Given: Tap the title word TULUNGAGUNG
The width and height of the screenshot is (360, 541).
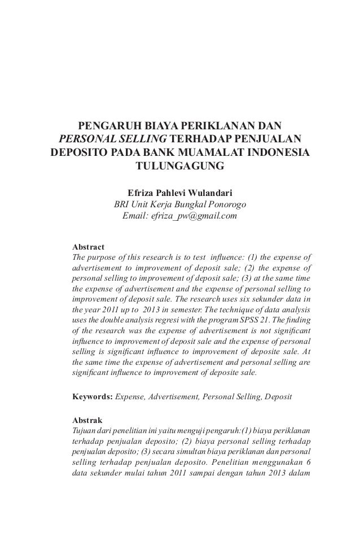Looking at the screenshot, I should coord(179,167).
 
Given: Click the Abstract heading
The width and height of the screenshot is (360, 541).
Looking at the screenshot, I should coord(89,247).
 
